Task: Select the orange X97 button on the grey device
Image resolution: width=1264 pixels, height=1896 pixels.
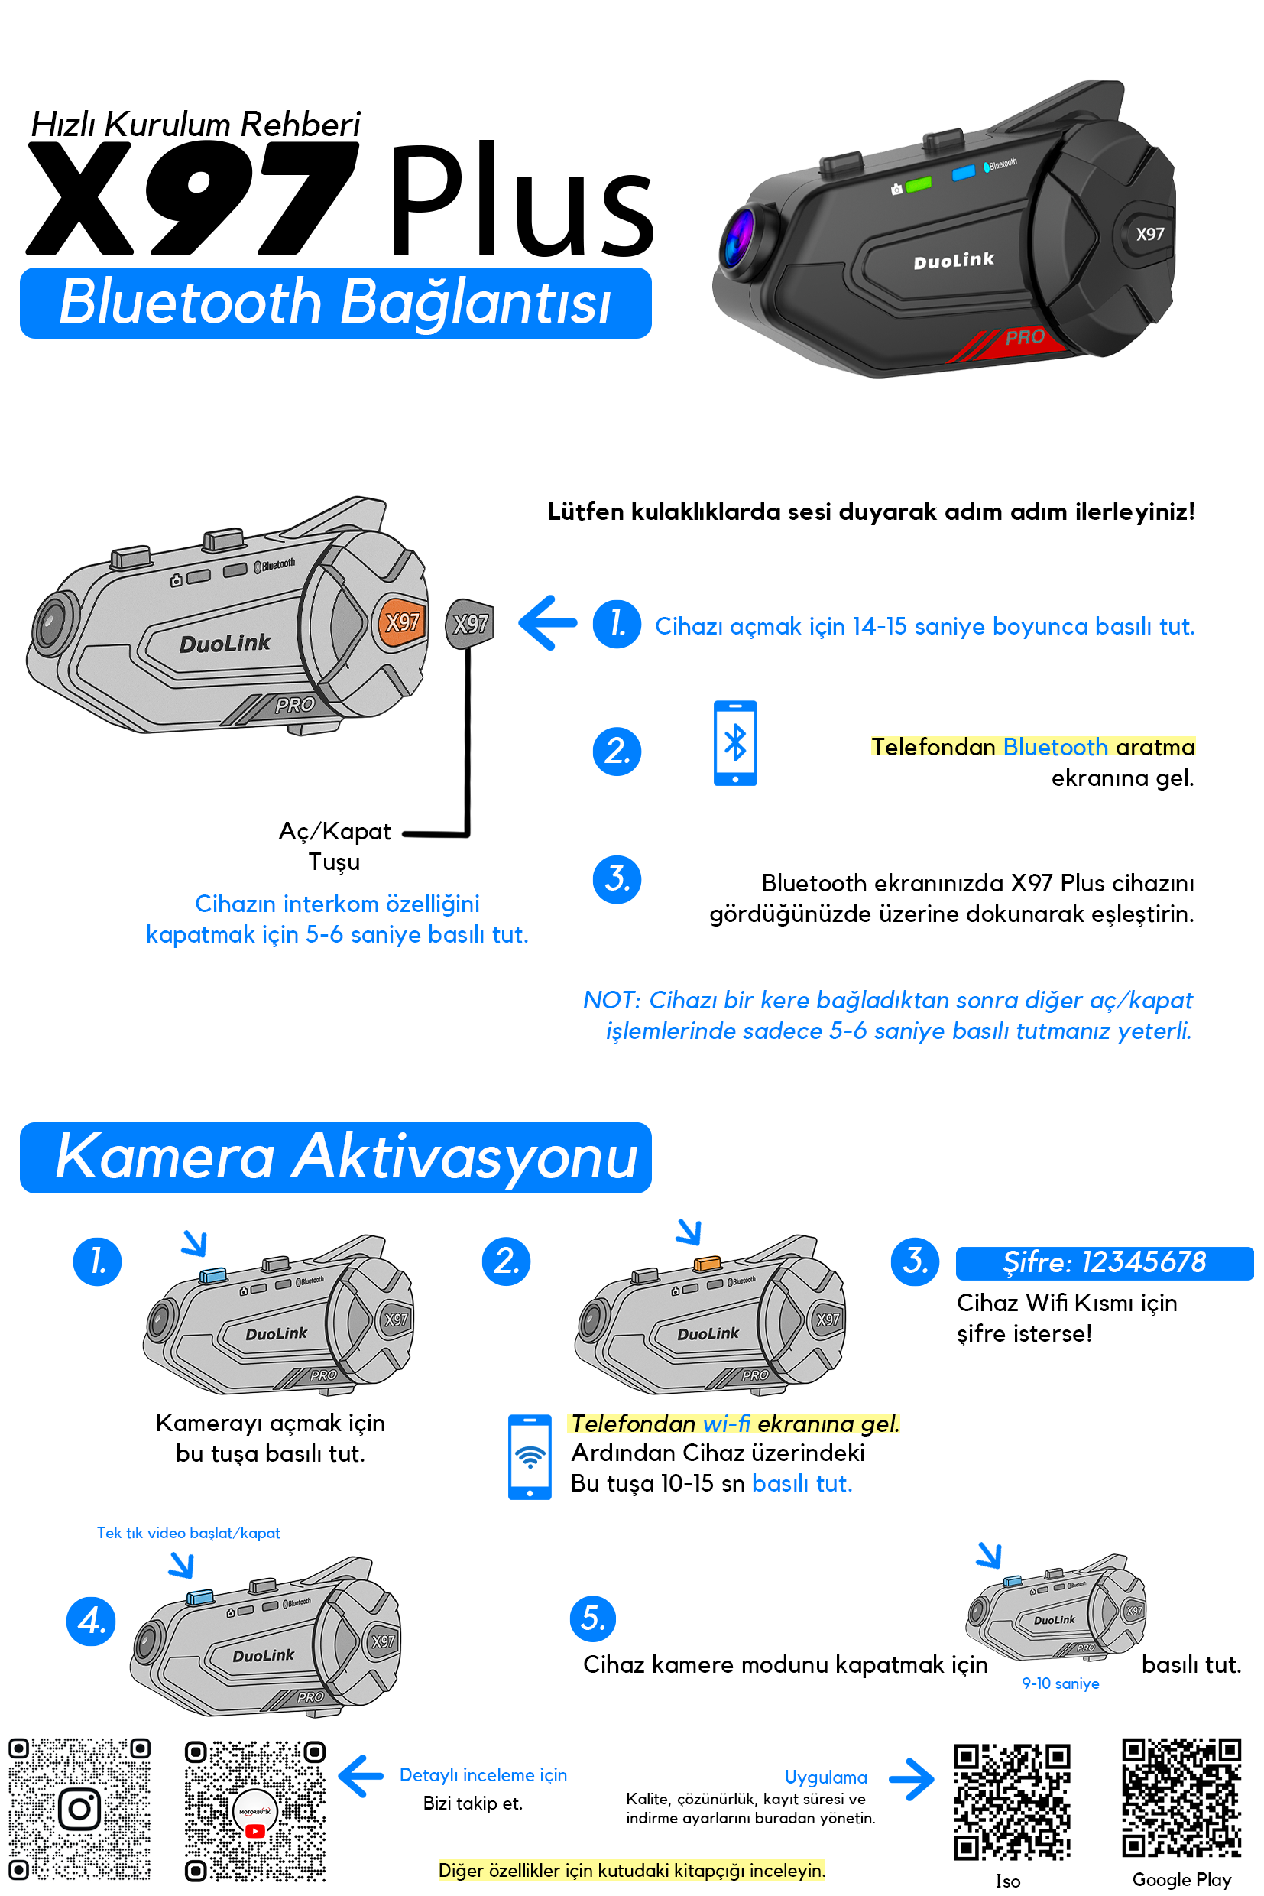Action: tap(400, 622)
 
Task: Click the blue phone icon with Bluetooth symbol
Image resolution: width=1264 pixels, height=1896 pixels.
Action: tap(734, 743)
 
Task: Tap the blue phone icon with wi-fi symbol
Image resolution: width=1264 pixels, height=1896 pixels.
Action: tap(529, 1456)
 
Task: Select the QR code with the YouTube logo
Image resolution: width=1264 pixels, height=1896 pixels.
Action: tap(254, 1810)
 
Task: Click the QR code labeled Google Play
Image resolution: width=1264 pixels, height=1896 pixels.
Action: tap(1181, 1797)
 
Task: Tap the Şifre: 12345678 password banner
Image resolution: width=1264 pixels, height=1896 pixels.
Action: tap(1104, 1262)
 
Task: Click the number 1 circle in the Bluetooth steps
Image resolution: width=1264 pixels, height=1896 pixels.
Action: tap(617, 623)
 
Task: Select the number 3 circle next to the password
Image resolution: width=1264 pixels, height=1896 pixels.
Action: tap(915, 1261)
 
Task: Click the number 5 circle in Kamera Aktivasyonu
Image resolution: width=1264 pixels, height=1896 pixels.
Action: tap(592, 1618)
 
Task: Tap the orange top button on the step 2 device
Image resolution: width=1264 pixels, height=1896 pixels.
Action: tap(707, 1263)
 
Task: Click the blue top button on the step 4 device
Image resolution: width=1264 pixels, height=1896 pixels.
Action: tap(200, 1598)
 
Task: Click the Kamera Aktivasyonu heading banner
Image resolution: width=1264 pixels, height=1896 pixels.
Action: tap(335, 1157)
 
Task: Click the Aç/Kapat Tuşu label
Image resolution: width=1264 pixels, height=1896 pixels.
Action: tap(335, 846)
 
